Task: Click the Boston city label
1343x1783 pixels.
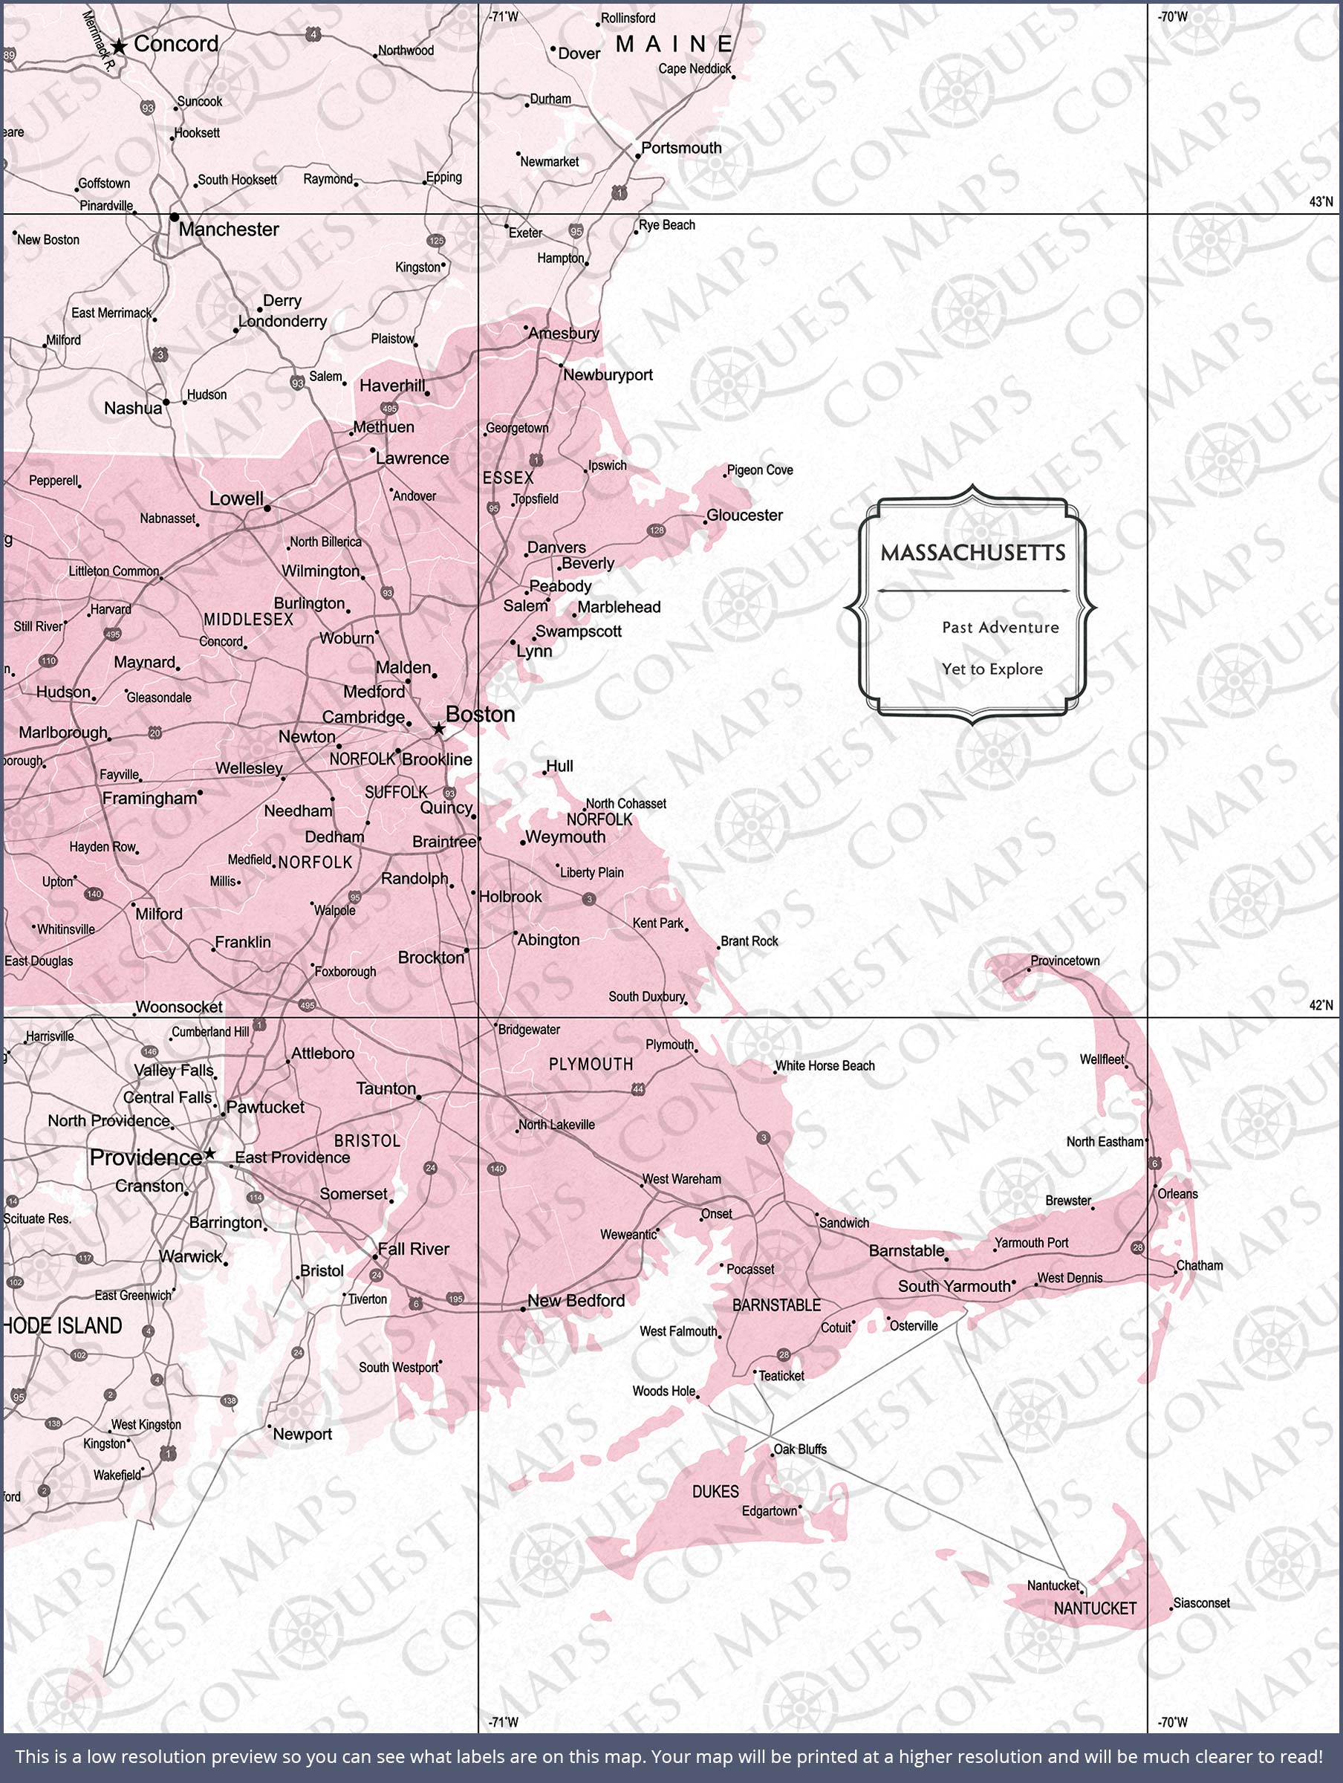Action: pyautogui.click(x=480, y=714)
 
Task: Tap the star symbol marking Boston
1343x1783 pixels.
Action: pyautogui.click(x=438, y=729)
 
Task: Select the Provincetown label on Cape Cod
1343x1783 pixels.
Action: pyautogui.click(x=1064, y=961)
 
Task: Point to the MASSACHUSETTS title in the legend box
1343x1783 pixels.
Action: pyautogui.click(x=972, y=553)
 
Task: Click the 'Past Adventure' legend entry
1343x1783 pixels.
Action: pyautogui.click(x=1000, y=627)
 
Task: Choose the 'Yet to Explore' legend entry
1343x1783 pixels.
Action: pyautogui.click(x=992, y=669)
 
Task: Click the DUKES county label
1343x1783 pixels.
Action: pyautogui.click(x=715, y=1491)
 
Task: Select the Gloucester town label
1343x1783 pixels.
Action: pyautogui.click(x=744, y=515)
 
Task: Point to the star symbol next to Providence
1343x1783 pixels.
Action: pyautogui.click(x=209, y=1154)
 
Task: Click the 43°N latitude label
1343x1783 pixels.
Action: pyautogui.click(x=1321, y=201)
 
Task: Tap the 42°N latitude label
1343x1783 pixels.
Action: pyautogui.click(x=1321, y=1005)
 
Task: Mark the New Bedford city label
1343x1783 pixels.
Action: pyautogui.click(x=576, y=1300)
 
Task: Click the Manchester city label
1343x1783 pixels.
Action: pyautogui.click(x=228, y=230)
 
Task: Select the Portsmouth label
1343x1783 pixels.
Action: pyautogui.click(x=681, y=148)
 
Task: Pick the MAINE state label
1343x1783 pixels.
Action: pyautogui.click(x=674, y=45)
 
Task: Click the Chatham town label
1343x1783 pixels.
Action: pyautogui.click(x=1199, y=1265)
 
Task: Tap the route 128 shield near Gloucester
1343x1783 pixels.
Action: pyautogui.click(x=656, y=530)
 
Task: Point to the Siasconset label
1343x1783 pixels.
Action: pyautogui.click(x=1201, y=1602)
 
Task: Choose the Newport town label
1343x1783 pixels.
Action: pyautogui.click(x=302, y=1434)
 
